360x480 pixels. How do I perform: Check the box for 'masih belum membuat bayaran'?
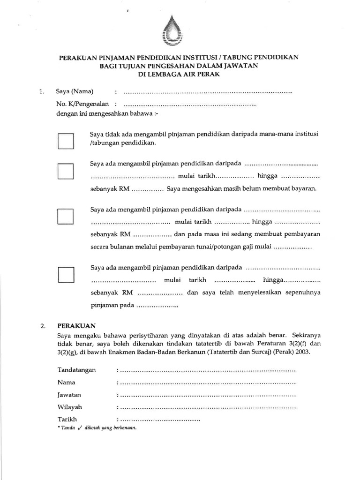tap(66, 171)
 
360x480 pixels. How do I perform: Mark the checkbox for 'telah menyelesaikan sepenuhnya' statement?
tap(66, 274)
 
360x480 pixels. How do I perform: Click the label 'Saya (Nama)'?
tap(75, 91)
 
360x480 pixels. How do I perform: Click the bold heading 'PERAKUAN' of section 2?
tap(76, 325)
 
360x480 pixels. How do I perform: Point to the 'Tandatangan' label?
tap(76, 370)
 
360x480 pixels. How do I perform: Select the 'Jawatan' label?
tap(70, 394)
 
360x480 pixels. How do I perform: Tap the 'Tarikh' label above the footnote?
tap(67, 419)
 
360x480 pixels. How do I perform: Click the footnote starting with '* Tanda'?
tap(96, 428)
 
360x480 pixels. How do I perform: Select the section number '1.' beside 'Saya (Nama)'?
tap(42, 91)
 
